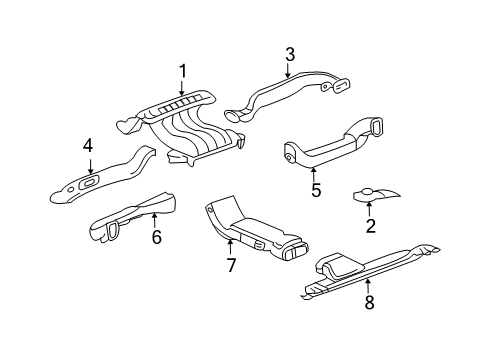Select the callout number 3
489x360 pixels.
[289, 55]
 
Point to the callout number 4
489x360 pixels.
[88, 146]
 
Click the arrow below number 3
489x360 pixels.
[289, 71]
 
